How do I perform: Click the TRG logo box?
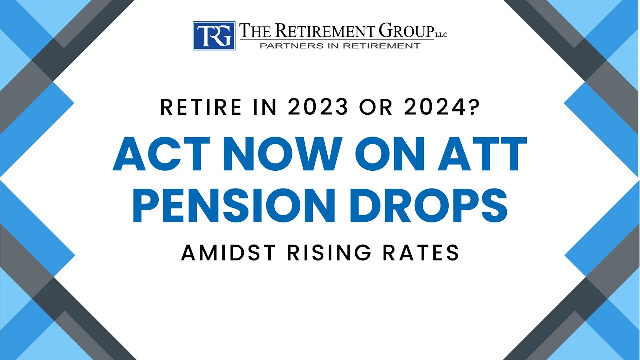214,36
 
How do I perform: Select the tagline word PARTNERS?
287,46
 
